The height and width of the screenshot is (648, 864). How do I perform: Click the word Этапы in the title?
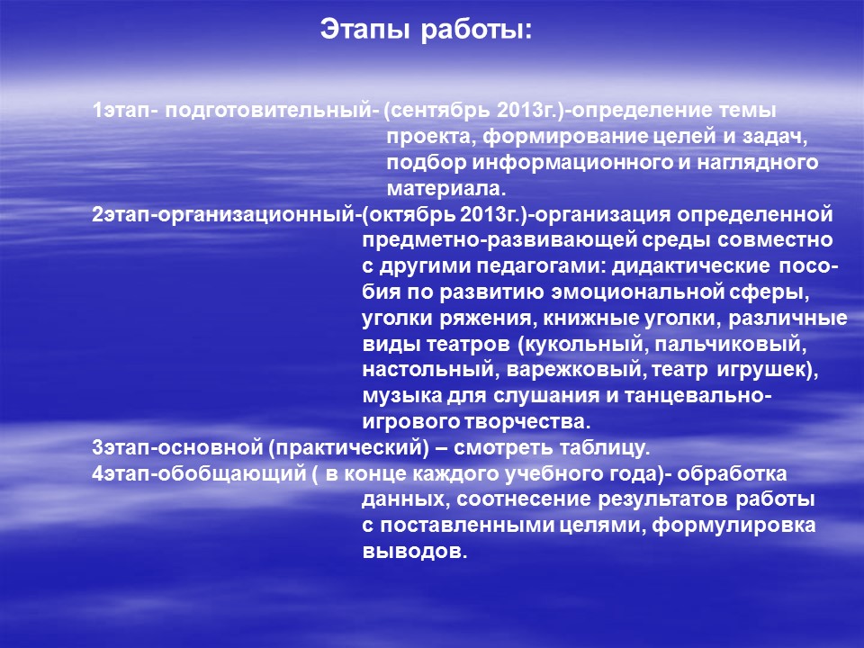(365, 30)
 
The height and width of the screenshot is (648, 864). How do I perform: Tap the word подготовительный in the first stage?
(268, 111)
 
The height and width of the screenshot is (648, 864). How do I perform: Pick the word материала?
(445, 189)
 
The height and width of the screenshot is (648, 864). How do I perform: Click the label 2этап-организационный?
(223, 215)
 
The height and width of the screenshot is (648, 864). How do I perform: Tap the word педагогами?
(541, 266)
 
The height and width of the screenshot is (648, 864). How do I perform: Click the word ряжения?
(485, 319)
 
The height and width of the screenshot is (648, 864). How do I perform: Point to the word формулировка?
(733, 526)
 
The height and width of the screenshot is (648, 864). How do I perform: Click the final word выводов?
(414, 551)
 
